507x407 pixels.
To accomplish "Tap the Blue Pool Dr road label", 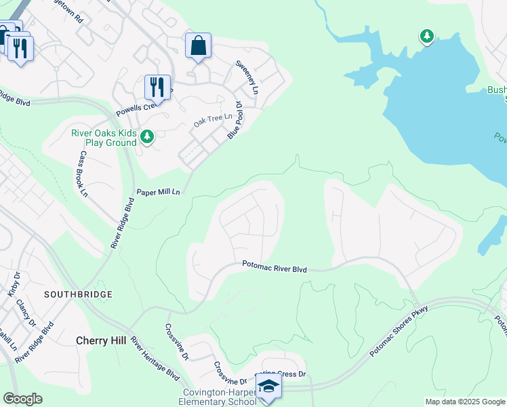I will pyautogui.click(x=235, y=120).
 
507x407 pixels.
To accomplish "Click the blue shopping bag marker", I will pyautogui.click(x=198, y=47).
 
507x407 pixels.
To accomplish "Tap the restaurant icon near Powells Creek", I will pyautogui.click(x=157, y=88).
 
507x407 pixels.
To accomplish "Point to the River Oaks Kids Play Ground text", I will pyautogui.click(x=104, y=138).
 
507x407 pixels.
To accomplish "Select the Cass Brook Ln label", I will pyautogui.click(x=83, y=173).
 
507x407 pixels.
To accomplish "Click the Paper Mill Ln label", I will pyautogui.click(x=159, y=192).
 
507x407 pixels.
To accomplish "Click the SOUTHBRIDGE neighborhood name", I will pyautogui.click(x=77, y=294).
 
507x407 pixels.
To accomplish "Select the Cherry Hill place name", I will pyautogui.click(x=101, y=341).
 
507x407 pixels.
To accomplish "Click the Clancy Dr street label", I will pyautogui.click(x=26, y=314).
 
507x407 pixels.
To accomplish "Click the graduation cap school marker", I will pyautogui.click(x=268, y=386).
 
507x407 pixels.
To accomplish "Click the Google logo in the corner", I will pyautogui.click(x=22, y=399).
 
